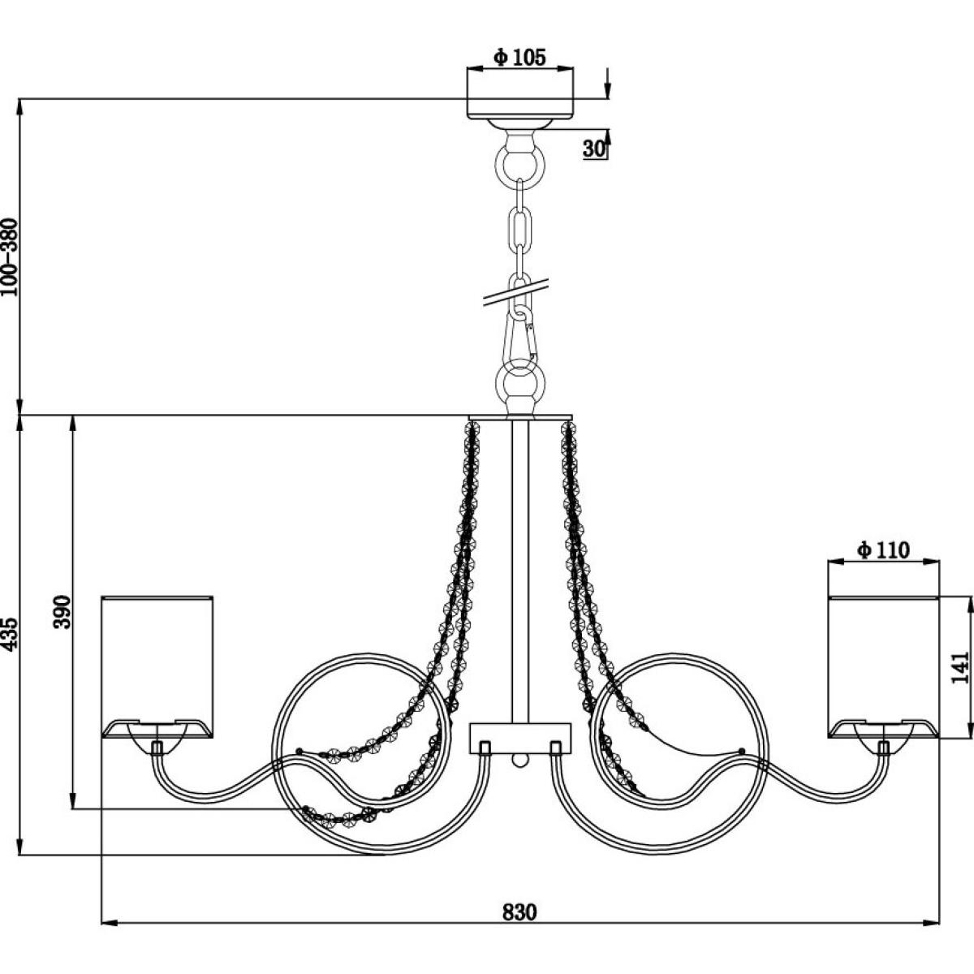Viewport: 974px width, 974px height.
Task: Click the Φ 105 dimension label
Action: (520, 57)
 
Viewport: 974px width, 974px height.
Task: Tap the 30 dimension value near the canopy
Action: (593, 149)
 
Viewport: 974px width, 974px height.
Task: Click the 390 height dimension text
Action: (62, 612)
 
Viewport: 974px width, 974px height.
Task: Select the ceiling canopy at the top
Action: (520, 107)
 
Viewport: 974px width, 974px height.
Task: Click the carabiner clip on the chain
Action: (521, 334)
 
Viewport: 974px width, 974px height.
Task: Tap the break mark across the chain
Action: (516, 292)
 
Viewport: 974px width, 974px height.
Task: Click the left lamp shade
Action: (157, 668)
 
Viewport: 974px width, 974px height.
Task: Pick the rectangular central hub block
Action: (520, 739)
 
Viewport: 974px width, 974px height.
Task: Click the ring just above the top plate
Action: (520, 380)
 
